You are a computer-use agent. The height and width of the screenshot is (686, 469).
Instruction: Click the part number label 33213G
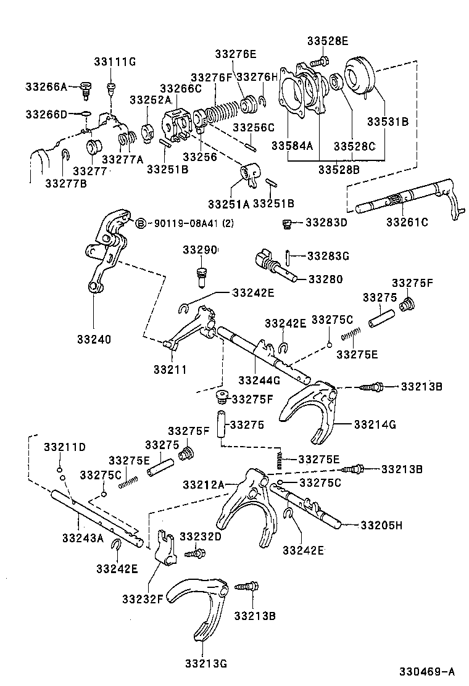(x=205, y=663)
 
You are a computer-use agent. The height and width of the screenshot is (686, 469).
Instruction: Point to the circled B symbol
(x=140, y=223)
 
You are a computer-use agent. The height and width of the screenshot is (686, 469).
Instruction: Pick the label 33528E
(x=327, y=41)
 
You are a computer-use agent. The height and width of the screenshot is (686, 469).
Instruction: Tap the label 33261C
(x=407, y=221)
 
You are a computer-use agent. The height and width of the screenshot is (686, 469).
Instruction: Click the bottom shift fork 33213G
(x=201, y=601)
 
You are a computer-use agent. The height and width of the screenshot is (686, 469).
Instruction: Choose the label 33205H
(x=381, y=526)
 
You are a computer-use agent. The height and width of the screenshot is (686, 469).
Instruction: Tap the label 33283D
(x=326, y=221)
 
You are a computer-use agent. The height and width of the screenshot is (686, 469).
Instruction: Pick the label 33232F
(x=142, y=598)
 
